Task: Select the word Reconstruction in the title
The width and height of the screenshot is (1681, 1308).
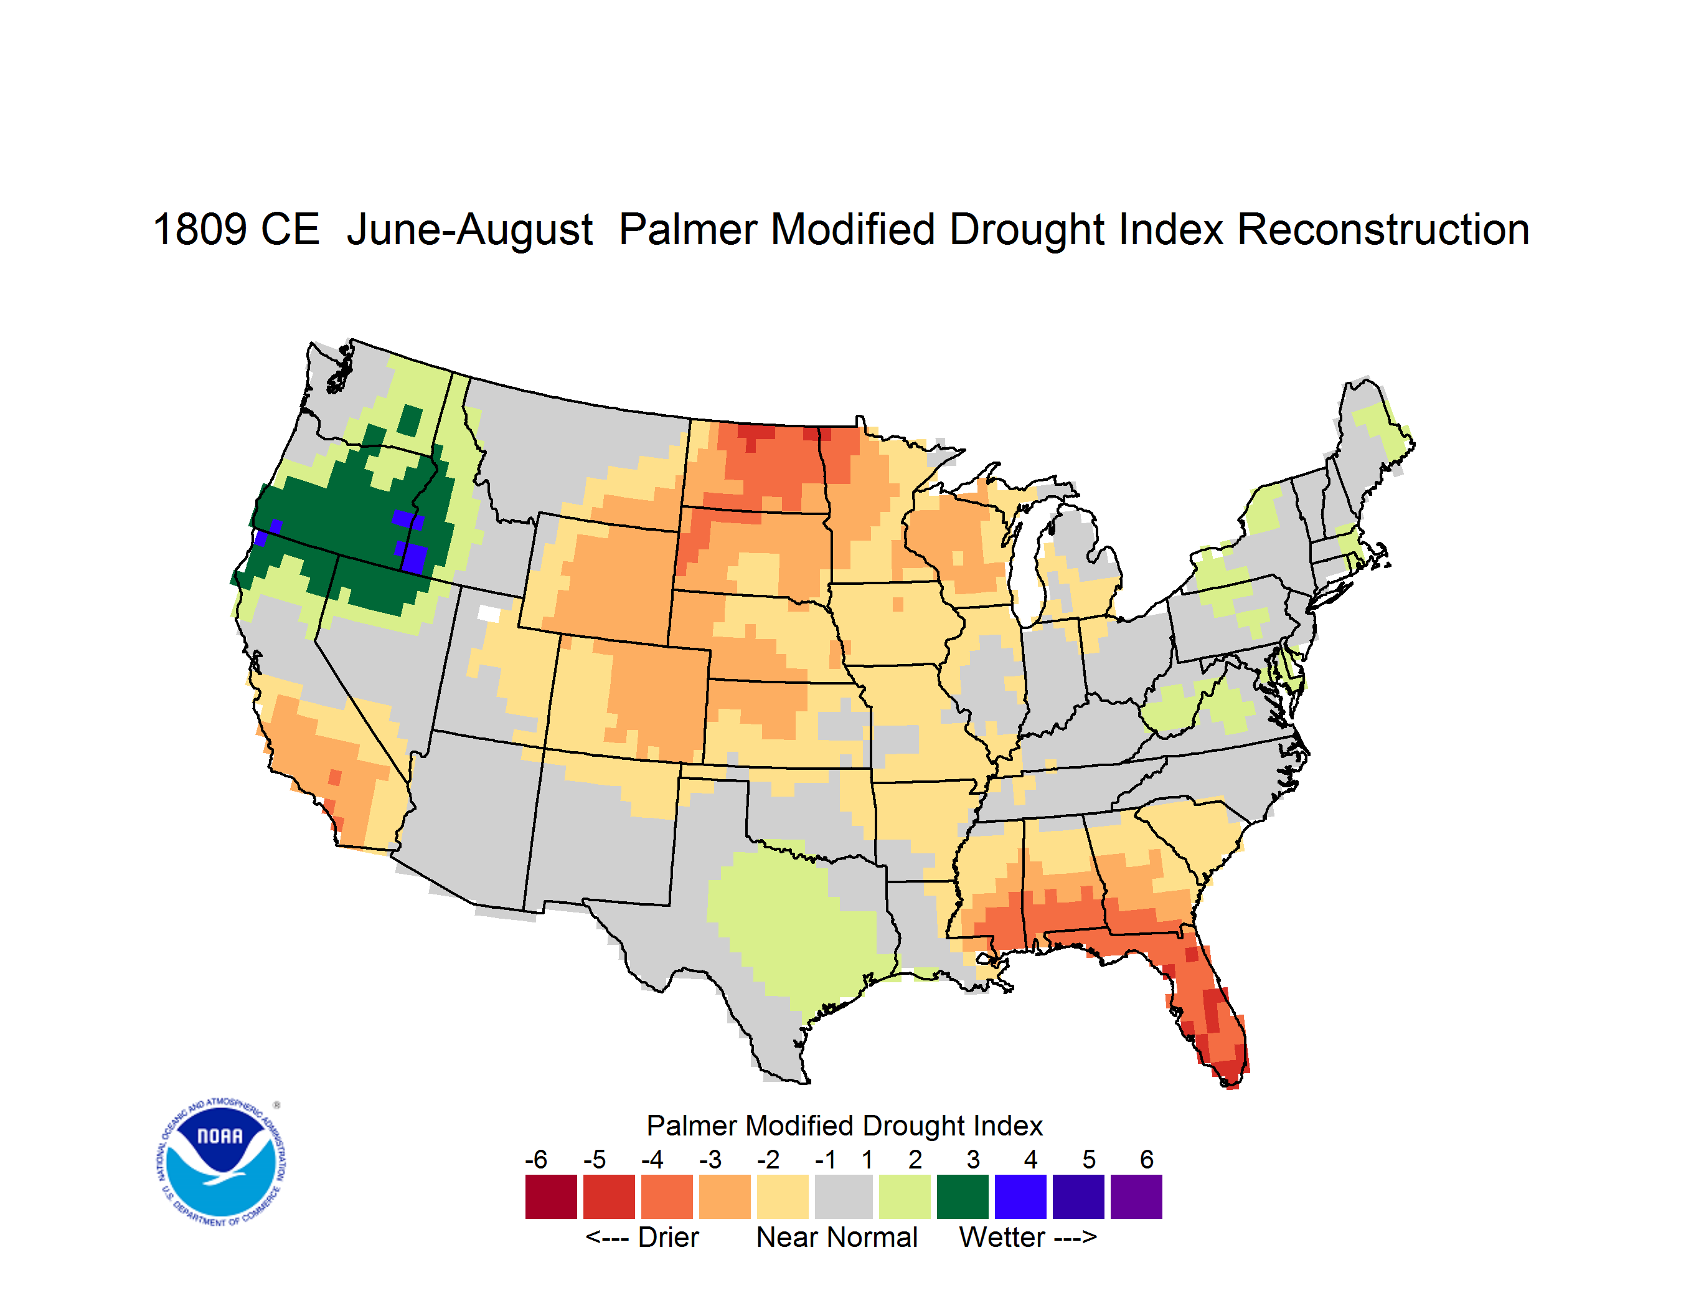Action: pos(1383,229)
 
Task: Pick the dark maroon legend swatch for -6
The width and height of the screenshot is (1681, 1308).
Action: pos(551,1197)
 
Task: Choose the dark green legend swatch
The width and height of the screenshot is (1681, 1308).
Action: pos(962,1197)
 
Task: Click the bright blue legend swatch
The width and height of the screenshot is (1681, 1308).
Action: pos(1020,1197)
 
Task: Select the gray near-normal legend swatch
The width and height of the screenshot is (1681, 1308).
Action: pos(844,1197)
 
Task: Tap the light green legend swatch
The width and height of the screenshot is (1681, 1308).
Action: pos(905,1197)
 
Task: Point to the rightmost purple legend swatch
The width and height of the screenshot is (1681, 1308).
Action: pos(1136,1197)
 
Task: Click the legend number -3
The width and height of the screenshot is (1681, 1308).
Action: pos(710,1159)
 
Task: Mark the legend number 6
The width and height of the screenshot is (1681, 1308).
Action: pos(1147,1159)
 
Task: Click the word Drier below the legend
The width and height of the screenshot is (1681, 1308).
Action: pos(668,1237)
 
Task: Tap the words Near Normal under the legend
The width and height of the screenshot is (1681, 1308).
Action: pos(837,1237)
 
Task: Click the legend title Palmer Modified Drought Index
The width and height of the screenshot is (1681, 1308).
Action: pos(844,1126)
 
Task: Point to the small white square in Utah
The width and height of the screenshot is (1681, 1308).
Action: pos(489,614)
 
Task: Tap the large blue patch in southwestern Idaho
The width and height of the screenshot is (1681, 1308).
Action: pos(414,557)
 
